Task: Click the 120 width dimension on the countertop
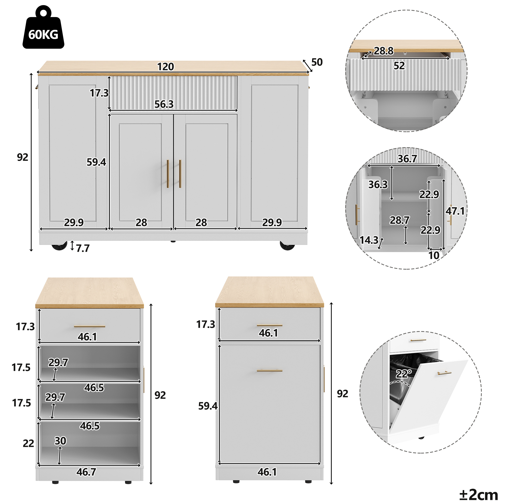click(166, 67)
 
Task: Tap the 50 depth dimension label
click(317, 62)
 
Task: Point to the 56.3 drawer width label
click(164, 104)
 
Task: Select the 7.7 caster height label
click(83, 248)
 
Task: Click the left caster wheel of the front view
click(59, 246)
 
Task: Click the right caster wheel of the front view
click(287, 246)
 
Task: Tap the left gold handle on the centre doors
click(168, 174)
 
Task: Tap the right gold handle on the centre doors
click(180, 174)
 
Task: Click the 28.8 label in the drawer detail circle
click(384, 51)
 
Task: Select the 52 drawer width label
click(399, 66)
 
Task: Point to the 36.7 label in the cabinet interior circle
click(407, 159)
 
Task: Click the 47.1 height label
click(455, 211)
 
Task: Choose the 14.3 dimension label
click(369, 240)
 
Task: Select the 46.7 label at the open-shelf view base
click(86, 472)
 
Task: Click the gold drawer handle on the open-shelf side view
click(89, 326)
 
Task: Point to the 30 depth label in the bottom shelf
click(60, 441)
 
